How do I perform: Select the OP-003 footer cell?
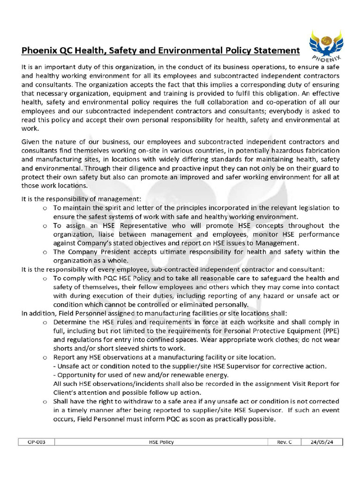tap(37, 442)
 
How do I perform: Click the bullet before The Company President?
tap(45, 252)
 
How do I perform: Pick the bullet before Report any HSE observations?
tap(45, 358)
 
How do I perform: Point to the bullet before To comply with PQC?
tap(45, 278)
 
